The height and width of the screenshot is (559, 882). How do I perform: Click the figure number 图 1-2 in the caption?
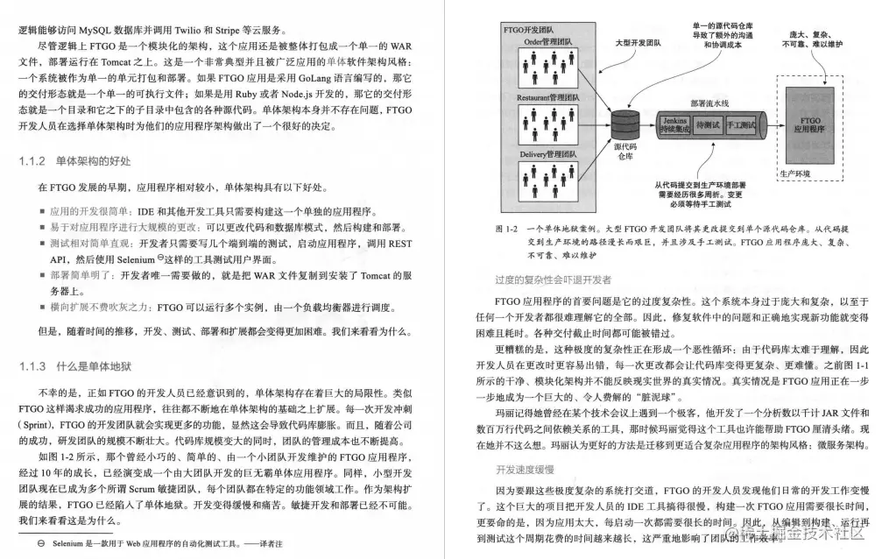[x=505, y=225]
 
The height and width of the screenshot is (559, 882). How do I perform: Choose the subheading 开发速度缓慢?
[x=522, y=468]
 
